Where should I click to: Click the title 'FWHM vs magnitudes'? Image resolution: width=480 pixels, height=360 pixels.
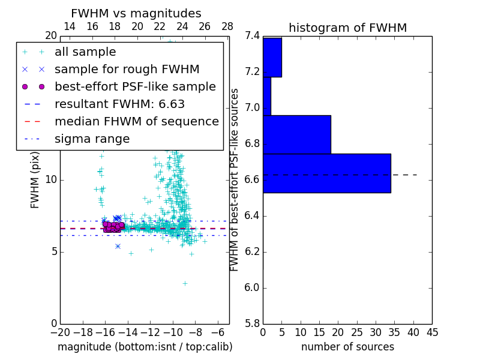pos(136,13)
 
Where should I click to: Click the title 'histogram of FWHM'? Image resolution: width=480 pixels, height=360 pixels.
pos(347,28)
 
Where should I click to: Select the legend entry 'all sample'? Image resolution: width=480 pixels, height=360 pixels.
pos(85,52)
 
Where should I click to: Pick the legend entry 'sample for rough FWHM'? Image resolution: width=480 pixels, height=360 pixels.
pos(127,69)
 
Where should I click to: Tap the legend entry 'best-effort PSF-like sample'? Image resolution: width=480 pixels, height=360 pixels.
pos(135,86)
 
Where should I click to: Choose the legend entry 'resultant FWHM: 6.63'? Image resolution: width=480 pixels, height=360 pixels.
pos(119,104)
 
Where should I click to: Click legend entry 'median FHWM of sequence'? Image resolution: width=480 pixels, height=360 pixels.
pos(136,121)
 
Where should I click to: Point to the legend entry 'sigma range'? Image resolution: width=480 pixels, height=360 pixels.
pos(92,139)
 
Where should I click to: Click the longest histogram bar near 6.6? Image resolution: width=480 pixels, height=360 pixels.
pos(326,173)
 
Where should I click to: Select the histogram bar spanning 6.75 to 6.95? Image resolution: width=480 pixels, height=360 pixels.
pos(296,134)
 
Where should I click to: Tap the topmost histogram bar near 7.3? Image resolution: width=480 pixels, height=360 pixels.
pos(272,57)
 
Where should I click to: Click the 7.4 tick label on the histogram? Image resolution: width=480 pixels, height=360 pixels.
pos(253,36)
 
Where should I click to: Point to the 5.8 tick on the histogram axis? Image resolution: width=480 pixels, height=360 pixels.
pos(253,323)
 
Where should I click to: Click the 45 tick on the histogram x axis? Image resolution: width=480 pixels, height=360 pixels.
pos(432,332)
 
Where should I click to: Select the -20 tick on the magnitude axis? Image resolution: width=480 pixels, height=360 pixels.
pos(60,332)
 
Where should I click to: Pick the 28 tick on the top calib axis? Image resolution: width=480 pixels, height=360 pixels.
pos(227,26)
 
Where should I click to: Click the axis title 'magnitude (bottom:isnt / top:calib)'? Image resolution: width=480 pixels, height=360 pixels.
pos(145,347)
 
